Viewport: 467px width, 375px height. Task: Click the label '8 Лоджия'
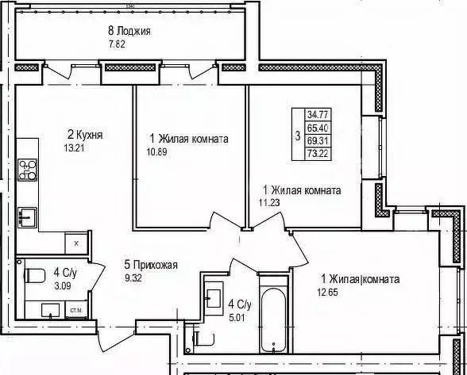point(129,32)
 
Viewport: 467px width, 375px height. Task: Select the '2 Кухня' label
point(84,135)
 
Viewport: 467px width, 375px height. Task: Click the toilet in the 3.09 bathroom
point(34,277)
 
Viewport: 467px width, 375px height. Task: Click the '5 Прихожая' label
point(150,266)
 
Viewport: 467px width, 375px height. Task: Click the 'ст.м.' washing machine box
point(78,308)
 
